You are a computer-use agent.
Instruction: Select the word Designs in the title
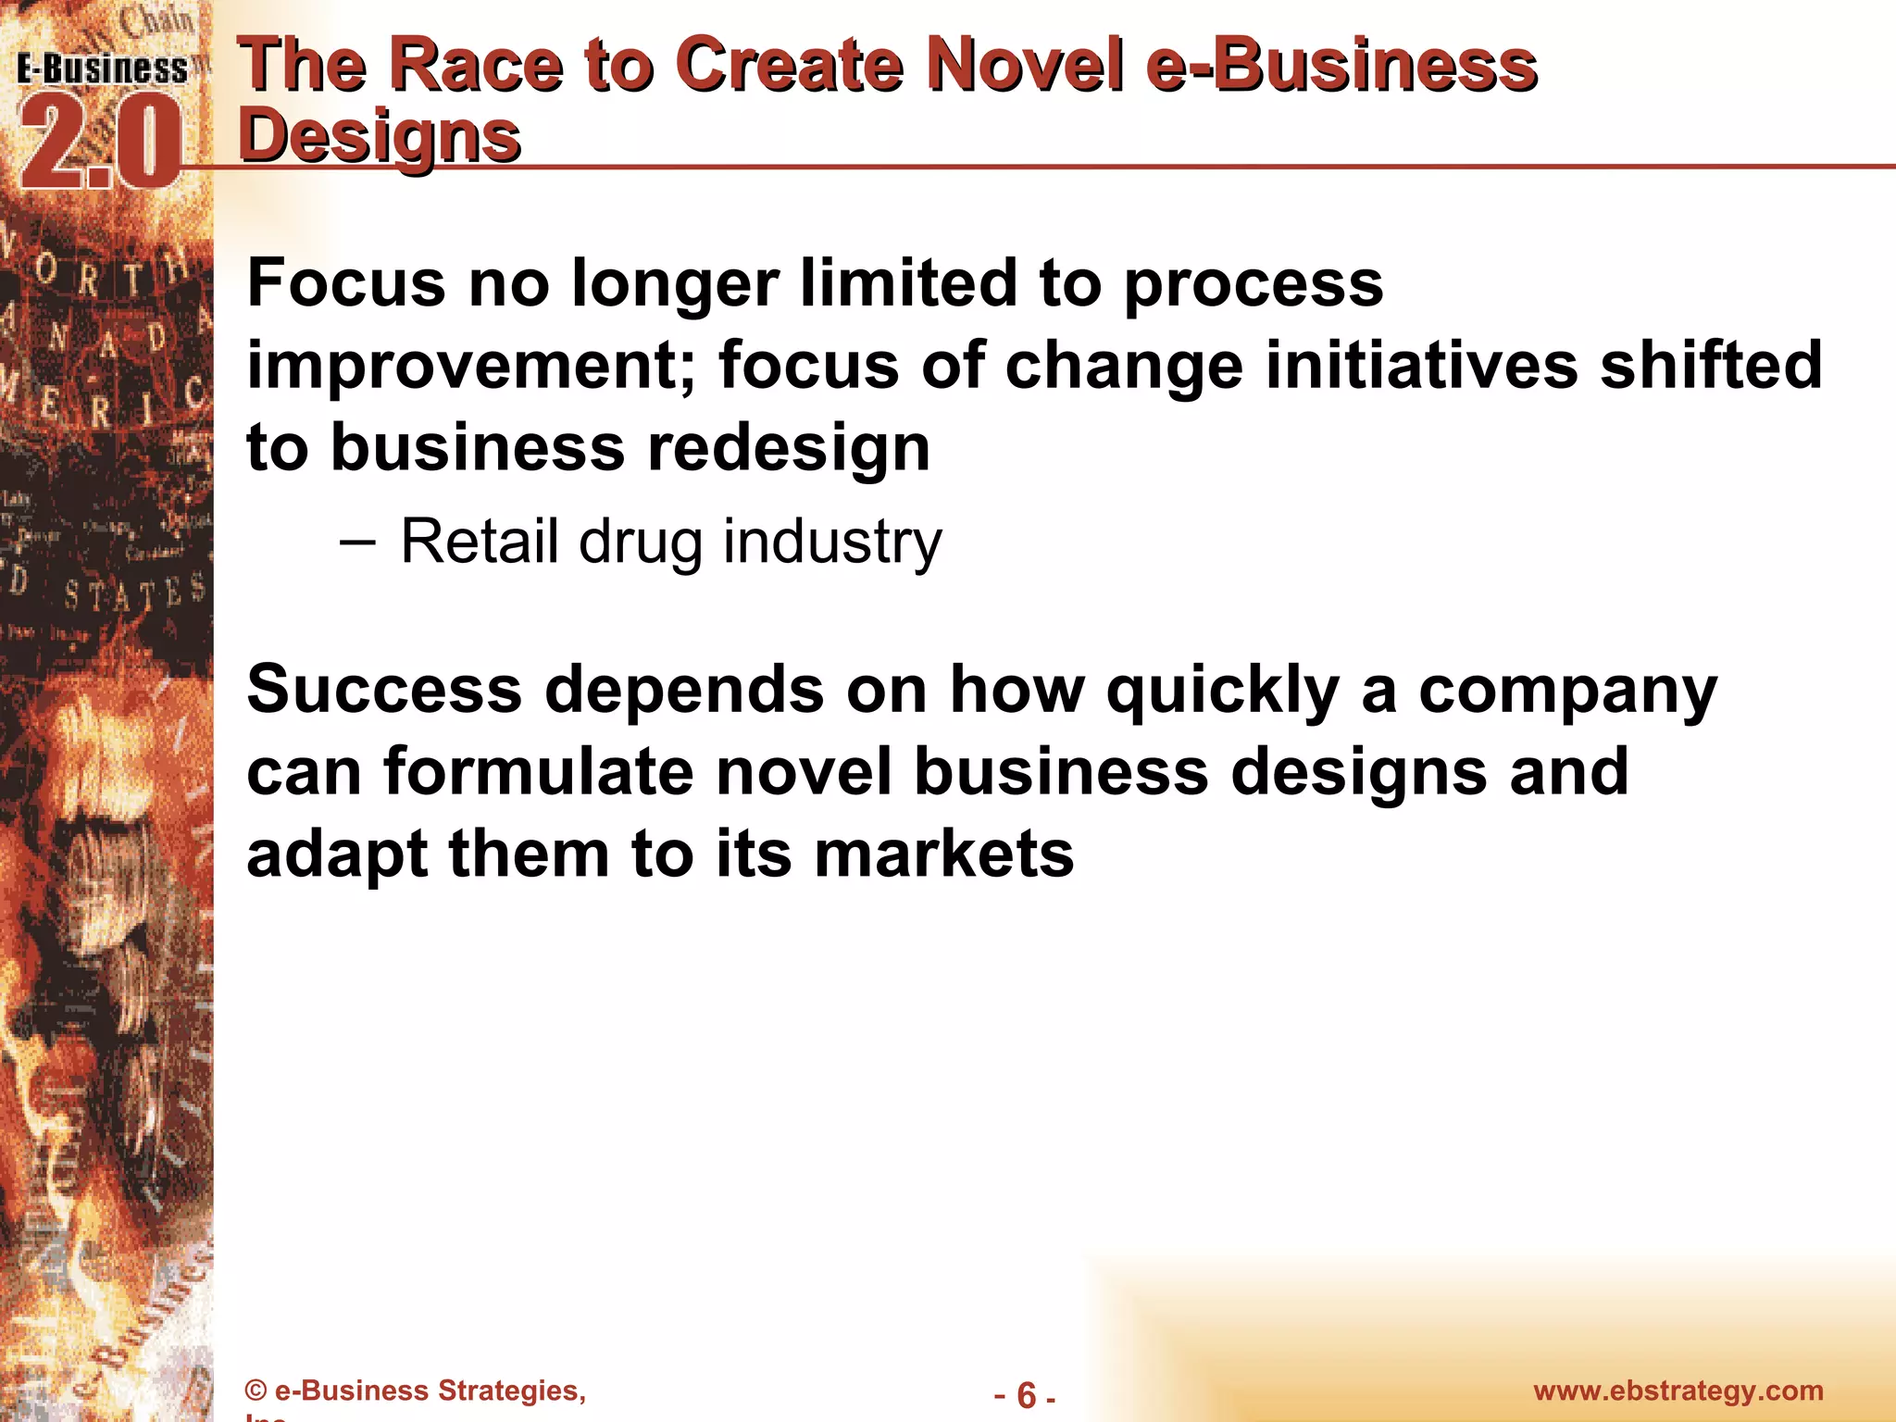tap(380, 136)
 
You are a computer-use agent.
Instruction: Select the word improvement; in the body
tap(471, 365)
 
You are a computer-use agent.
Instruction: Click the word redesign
tap(788, 447)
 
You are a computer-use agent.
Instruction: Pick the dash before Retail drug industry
tap(357, 541)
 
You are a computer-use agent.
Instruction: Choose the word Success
tap(384, 690)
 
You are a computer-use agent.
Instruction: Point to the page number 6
tap(1026, 1394)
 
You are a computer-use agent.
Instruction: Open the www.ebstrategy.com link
tap(1678, 1391)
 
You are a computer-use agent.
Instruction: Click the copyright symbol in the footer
tap(256, 1391)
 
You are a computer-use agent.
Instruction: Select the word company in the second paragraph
tap(1567, 692)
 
